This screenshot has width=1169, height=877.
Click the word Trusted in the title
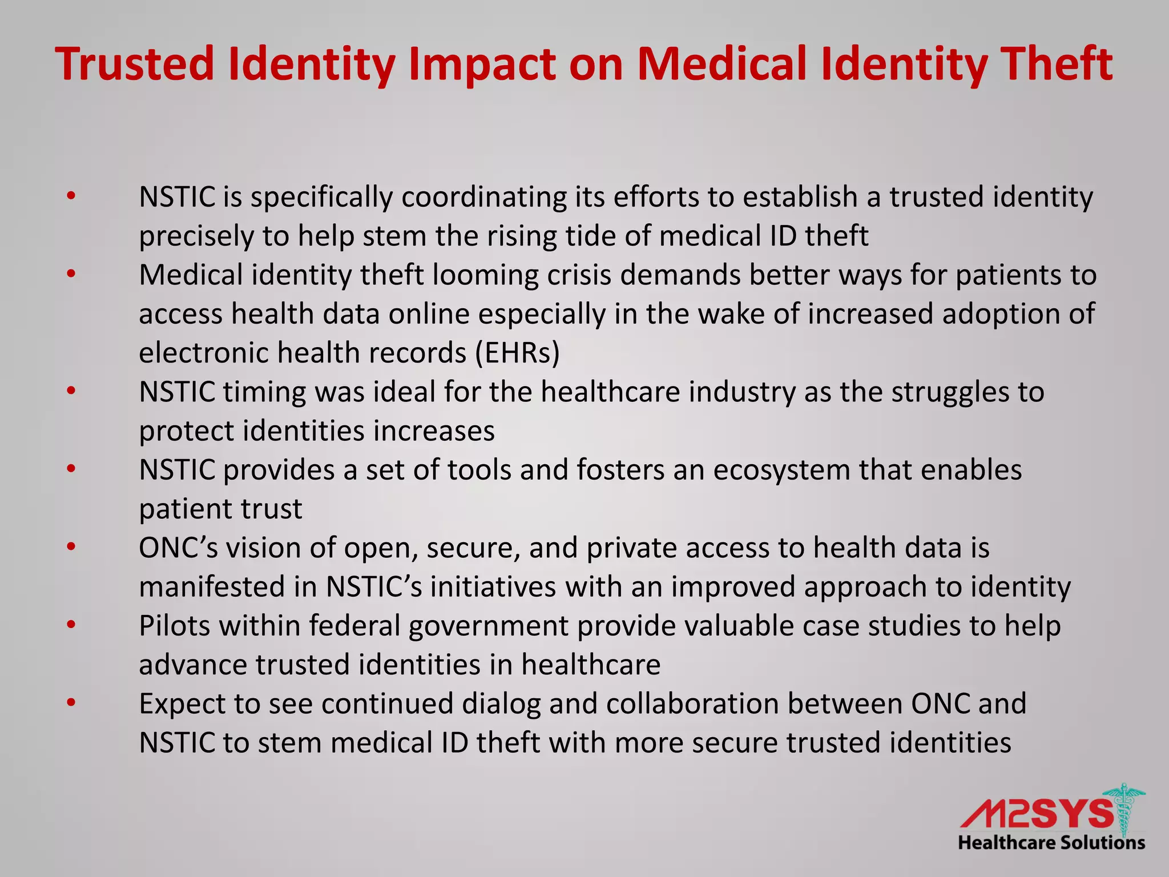click(135, 64)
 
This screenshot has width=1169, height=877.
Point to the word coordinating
click(484, 198)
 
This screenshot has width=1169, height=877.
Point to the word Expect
click(182, 704)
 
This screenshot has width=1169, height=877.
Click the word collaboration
click(692, 704)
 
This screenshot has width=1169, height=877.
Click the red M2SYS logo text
click(1036, 814)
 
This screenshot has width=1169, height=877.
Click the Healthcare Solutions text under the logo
click(1051, 843)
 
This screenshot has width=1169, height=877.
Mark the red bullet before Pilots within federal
click(71, 625)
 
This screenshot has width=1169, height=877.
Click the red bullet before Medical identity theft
click(71, 275)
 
